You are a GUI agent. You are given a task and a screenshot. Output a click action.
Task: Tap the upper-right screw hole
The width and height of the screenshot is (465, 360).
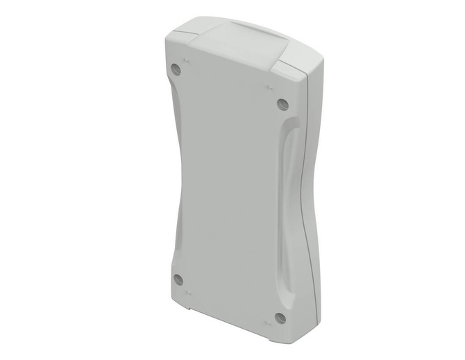(x=281, y=103)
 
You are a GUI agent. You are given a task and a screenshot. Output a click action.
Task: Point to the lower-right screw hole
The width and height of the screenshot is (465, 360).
(x=280, y=318)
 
